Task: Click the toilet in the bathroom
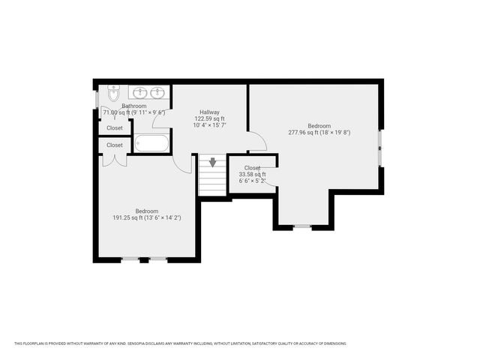pos(113,94)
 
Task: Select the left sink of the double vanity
pos(139,93)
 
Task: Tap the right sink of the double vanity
pos(157,93)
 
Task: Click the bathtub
pos(152,143)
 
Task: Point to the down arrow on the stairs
pos(213,162)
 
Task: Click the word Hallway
pos(209,112)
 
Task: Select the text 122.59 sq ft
pos(209,118)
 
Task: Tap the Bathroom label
pos(134,106)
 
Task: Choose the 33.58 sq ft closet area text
pos(252,174)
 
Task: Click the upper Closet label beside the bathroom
pos(115,128)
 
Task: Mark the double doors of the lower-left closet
pos(114,160)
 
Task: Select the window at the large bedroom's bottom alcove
pos(302,226)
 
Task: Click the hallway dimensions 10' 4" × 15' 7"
pos(209,125)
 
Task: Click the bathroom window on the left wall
pos(97,99)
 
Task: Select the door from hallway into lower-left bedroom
pos(182,163)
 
